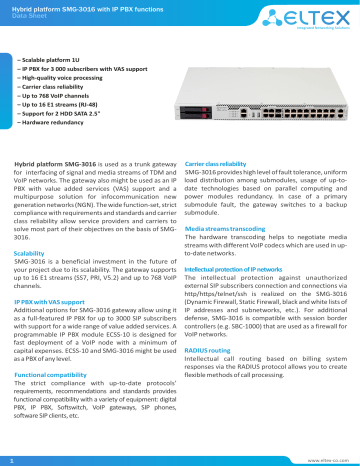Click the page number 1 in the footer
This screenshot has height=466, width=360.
pyautogui.click(x=10, y=457)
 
